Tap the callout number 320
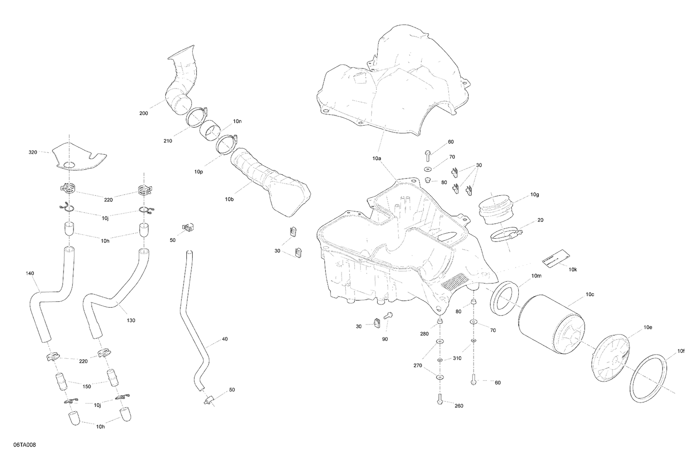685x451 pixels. pos(33,152)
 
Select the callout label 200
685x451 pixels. pos(143,113)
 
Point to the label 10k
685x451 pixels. pos(573,269)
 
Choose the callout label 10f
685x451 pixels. pos(681,351)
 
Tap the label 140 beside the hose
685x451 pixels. pos(30,273)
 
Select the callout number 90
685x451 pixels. pos(385,339)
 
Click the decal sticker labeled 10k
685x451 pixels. pos(553,260)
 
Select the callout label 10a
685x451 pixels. pos(377,158)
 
